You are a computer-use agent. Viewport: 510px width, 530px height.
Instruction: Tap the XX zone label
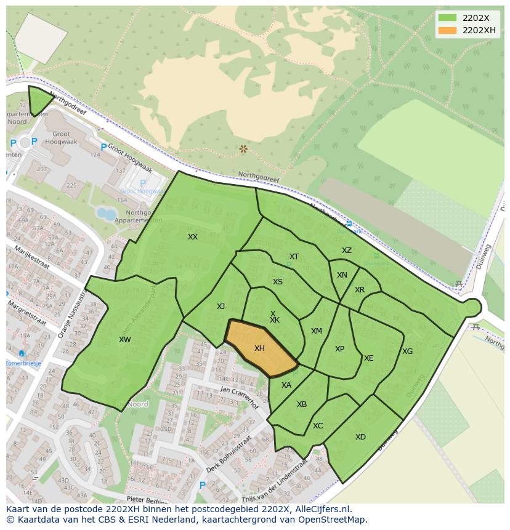(193, 237)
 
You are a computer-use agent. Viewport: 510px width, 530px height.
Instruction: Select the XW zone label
(125, 340)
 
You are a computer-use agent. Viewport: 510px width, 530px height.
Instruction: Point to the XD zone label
(360, 437)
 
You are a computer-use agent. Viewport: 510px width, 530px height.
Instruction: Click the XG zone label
(407, 351)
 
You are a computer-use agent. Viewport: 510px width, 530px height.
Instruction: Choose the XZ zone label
(347, 251)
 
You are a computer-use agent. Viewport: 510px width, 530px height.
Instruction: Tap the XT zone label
(294, 257)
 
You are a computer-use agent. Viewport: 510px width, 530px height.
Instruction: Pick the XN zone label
(342, 275)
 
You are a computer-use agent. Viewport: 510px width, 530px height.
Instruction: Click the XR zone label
(360, 290)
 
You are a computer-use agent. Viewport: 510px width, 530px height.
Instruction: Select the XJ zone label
(221, 307)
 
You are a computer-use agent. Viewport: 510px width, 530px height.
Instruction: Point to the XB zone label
(302, 404)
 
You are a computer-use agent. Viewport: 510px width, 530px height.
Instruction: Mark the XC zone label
(318, 426)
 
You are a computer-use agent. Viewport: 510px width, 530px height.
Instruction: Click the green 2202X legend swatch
(447, 18)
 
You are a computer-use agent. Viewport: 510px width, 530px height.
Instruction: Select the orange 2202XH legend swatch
(447, 30)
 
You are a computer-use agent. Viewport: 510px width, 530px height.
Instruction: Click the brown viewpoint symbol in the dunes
(243, 149)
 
